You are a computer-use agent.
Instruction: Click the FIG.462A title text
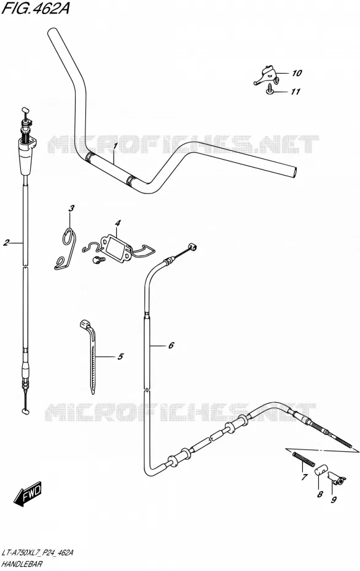tap(36, 8)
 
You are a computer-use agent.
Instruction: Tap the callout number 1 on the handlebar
tap(115, 146)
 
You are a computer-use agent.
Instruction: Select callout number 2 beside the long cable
tap(6, 243)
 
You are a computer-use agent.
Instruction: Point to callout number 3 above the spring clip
tap(71, 209)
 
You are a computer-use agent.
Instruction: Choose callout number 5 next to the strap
tap(120, 357)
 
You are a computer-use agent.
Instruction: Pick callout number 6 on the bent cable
tap(171, 345)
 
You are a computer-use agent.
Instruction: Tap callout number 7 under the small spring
tap(304, 477)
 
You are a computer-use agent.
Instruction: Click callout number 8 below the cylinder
tap(319, 494)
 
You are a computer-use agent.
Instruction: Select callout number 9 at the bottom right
tap(334, 500)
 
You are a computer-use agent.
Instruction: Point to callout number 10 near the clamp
tap(297, 73)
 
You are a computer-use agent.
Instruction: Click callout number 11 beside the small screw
tap(295, 91)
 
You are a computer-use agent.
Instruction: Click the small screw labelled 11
tap(270, 89)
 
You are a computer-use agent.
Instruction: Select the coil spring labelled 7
tap(303, 459)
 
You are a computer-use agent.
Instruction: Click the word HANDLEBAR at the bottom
tap(22, 564)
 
